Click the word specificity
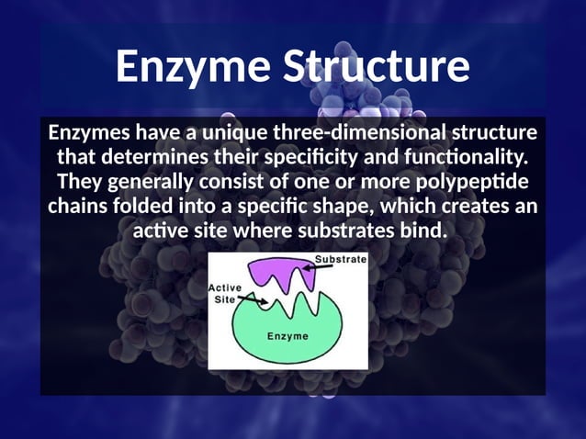(310, 157)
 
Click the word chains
(78, 205)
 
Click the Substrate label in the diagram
(341, 260)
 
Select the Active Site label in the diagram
(225, 294)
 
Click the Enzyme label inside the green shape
(287, 336)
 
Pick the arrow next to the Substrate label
(301, 265)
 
